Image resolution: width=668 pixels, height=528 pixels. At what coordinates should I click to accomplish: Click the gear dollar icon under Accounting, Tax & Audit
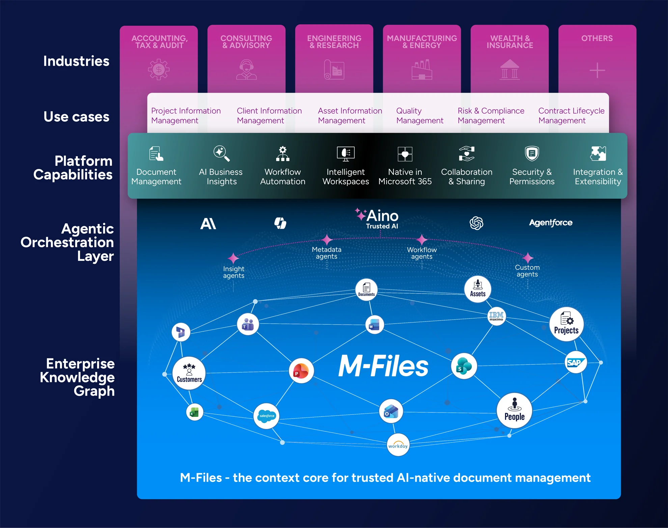pos(159,70)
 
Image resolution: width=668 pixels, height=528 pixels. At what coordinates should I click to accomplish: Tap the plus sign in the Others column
pos(597,70)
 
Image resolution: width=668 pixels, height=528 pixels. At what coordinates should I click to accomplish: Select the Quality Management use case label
pos(419,116)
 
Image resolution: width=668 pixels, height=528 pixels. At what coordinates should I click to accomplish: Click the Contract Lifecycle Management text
pos(571,116)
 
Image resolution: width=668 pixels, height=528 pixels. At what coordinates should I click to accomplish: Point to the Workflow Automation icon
pos(283,154)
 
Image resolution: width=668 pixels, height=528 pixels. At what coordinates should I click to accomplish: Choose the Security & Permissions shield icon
pos(532,154)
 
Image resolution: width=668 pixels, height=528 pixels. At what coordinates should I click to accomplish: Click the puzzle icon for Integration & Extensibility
pos(598,154)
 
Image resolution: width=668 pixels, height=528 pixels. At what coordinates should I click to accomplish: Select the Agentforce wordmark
pos(551,223)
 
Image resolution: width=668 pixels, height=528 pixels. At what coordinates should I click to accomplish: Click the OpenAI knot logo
pos(476,223)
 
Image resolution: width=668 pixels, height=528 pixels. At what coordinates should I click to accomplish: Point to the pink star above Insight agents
pos(233,258)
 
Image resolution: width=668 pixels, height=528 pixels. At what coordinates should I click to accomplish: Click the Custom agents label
pos(527,271)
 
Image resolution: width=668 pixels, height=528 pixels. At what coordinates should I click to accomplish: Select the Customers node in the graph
pos(189,373)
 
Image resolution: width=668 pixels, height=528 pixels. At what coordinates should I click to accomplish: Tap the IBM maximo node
pos(496,316)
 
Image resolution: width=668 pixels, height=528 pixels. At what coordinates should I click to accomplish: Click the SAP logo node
pos(576,362)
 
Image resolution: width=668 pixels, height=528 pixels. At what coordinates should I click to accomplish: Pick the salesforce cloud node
pos(267,416)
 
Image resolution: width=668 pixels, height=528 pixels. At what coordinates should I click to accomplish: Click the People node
pos(514,410)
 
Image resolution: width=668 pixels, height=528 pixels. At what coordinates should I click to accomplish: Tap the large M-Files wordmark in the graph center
pos(383,366)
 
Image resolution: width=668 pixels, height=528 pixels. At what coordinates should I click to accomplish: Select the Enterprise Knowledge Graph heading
pos(78,377)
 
